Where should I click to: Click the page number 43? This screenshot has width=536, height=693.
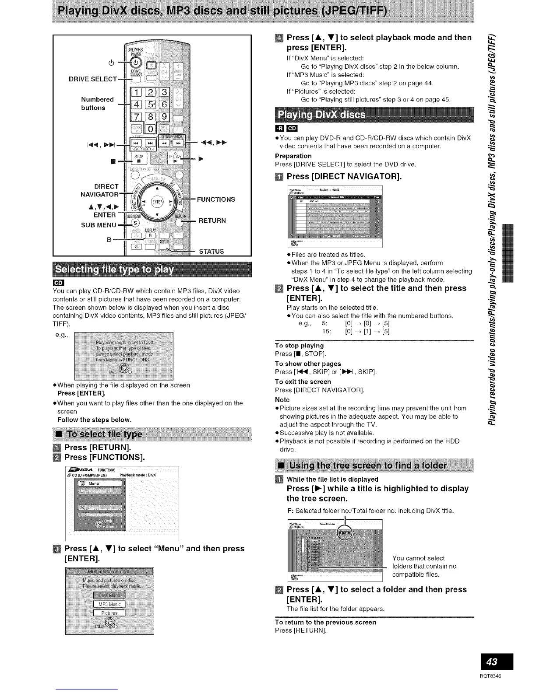tap(496, 661)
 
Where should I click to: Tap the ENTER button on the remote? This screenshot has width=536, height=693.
tap(157, 202)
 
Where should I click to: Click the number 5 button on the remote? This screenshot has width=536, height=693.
tap(150, 104)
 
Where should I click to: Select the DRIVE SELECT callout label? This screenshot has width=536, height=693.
tap(92, 79)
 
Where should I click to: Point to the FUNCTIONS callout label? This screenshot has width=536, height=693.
tap(216, 199)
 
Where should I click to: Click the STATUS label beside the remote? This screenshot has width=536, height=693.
tap(211, 252)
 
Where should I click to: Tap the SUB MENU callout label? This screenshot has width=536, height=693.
tap(99, 225)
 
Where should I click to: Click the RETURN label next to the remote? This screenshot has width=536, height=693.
tap(212, 220)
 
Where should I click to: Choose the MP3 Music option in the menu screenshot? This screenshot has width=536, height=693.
tap(109, 604)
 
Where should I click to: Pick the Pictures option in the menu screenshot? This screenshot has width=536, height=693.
tap(109, 613)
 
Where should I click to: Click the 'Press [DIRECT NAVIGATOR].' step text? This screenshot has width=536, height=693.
tap(344, 177)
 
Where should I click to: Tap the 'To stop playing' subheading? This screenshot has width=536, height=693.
tap(299, 346)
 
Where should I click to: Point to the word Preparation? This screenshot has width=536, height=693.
tap(293, 156)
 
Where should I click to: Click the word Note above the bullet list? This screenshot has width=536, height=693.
tap(282, 400)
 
